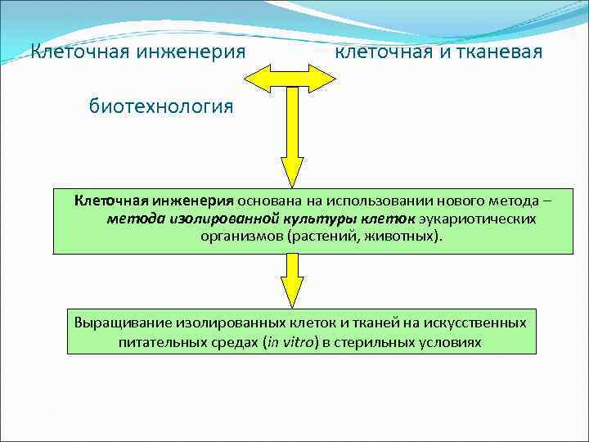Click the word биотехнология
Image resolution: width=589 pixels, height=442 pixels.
(x=161, y=106)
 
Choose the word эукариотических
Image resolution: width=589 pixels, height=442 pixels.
(x=478, y=219)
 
